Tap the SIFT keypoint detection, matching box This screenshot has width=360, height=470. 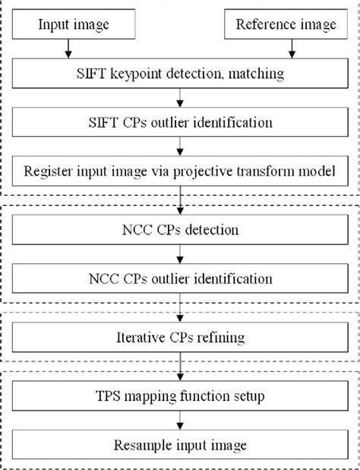pos(179,75)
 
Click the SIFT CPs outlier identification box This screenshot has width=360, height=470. pos(179,121)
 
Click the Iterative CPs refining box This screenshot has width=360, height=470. pos(179,336)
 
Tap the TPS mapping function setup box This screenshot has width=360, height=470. pos(179,395)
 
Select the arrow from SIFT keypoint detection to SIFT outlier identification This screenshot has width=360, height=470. pos(179,98)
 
